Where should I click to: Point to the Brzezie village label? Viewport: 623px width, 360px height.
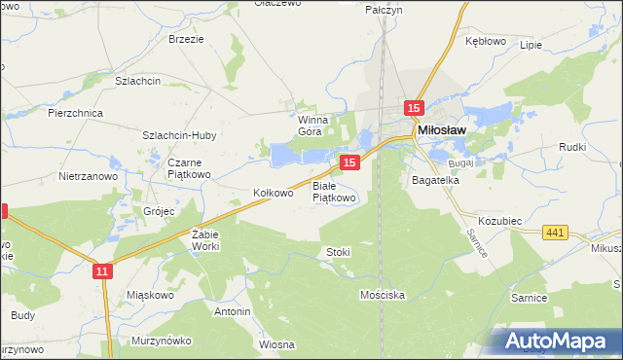(x=185, y=39)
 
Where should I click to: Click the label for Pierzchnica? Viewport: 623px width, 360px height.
(x=75, y=113)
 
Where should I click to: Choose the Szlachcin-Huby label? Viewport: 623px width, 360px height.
(x=179, y=135)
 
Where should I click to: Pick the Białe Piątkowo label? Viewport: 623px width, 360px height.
(x=335, y=191)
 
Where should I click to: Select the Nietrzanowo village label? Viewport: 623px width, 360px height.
(x=88, y=177)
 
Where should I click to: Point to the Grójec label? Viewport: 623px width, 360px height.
(x=159, y=210)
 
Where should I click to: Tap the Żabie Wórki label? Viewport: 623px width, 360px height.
(x=204, y=240)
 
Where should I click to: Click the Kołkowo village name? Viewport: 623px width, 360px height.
(x=273, y=193)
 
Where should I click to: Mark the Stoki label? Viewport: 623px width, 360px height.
(x=338, y=252)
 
